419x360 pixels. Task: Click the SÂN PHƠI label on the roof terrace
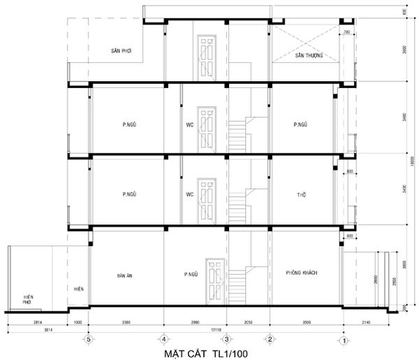pyautogui.click(x=122, y=52)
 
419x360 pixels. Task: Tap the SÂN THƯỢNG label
pyautogui.click(x=308, y=55)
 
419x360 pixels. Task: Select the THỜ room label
pyautogui.click(x=302, y=194)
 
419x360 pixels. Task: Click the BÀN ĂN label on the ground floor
pyautogui.click(x=125, y=275)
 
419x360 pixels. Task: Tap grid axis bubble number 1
pyautogui.click(x=344, y=340)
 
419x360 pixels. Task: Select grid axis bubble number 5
pyautogui.click(x=88, y=340)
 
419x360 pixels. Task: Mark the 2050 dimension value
pyautogui.click(x=248, y=322)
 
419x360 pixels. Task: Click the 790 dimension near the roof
pyautogui.click(x=346, y=32)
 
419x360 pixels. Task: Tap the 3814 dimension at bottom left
pyautogui.click(x=36, y=328)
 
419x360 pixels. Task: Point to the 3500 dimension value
pyautogui.click(x=304, y=322)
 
